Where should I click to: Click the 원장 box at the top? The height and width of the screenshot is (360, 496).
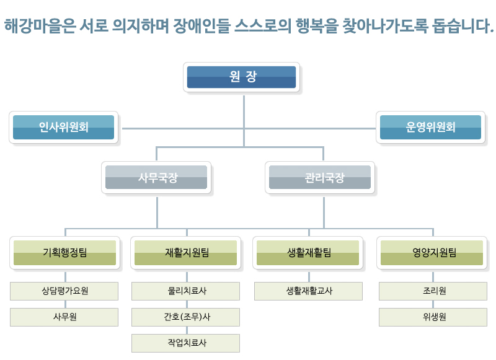[x=242, y=77]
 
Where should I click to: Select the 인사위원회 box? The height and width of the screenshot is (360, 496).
[x=64, y=127]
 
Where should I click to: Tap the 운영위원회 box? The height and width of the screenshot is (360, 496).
[x=431, y=127]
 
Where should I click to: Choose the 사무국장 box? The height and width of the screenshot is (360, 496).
[x=157, y=178]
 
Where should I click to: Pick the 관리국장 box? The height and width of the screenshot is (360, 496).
[x=321, y=178]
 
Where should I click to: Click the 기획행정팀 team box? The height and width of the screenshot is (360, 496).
[x=64, y=252]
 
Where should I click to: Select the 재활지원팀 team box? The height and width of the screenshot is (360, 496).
[x=187, y=252]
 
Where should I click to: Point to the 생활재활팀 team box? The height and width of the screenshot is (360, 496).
[x=309, y=252]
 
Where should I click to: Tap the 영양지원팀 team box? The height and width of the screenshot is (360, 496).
[x=433, y=252]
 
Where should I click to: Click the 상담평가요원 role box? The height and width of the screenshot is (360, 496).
[x=64, y=291]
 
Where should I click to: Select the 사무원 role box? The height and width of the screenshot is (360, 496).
[x=64, y=317]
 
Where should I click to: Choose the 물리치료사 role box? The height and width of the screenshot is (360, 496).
[x=186, y=291]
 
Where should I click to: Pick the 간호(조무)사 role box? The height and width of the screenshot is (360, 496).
[x=186, y=317]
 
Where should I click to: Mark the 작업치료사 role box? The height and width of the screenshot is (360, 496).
[x=186, y=343]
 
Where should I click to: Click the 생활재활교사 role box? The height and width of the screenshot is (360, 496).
[x=309, y=291]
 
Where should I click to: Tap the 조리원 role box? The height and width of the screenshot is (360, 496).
[x=433, y=291]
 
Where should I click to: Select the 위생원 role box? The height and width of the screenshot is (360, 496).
[x=433, y=317]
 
